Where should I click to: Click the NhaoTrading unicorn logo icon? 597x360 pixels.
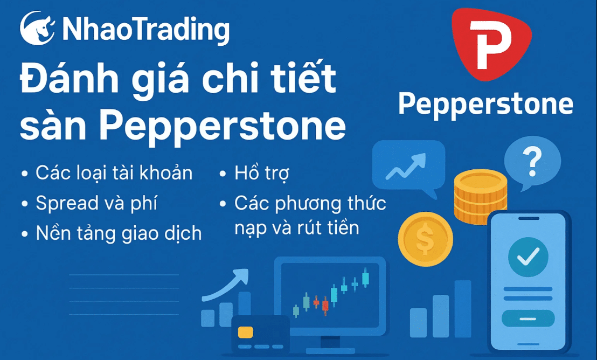38,29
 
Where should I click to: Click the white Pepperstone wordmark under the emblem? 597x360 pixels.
485,104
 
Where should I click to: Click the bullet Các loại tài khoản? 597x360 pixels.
114,173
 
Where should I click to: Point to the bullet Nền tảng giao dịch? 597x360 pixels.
119,233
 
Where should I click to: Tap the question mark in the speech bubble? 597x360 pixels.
532,160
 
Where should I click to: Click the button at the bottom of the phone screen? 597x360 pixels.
527,319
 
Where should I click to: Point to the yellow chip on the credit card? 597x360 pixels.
246,331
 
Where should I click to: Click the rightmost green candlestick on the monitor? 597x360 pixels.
366,278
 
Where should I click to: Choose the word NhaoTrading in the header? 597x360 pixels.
145,29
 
